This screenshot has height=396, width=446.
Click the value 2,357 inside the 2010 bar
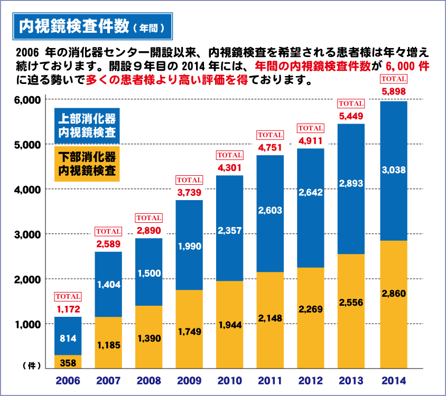[230, 230]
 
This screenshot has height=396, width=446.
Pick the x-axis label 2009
[189, 380]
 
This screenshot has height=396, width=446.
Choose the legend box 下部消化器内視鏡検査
[87, 164]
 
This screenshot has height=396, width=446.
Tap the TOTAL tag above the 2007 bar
[108, 231]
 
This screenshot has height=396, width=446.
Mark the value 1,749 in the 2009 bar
[189, 332]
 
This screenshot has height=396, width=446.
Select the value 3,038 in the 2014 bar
[393, 169]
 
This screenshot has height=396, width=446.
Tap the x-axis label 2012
[311, 380]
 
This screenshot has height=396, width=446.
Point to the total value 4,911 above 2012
[311, 140]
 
